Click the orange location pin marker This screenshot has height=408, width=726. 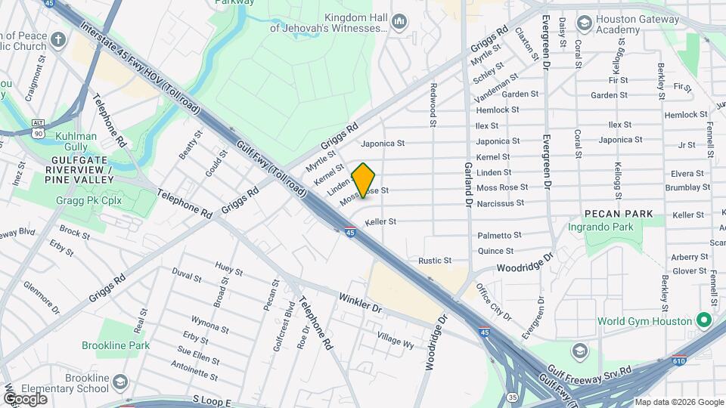(364, 181)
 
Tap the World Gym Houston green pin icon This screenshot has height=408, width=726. (704, 321)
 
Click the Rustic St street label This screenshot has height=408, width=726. (435, 261)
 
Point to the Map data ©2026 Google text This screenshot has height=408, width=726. (678, 402)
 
